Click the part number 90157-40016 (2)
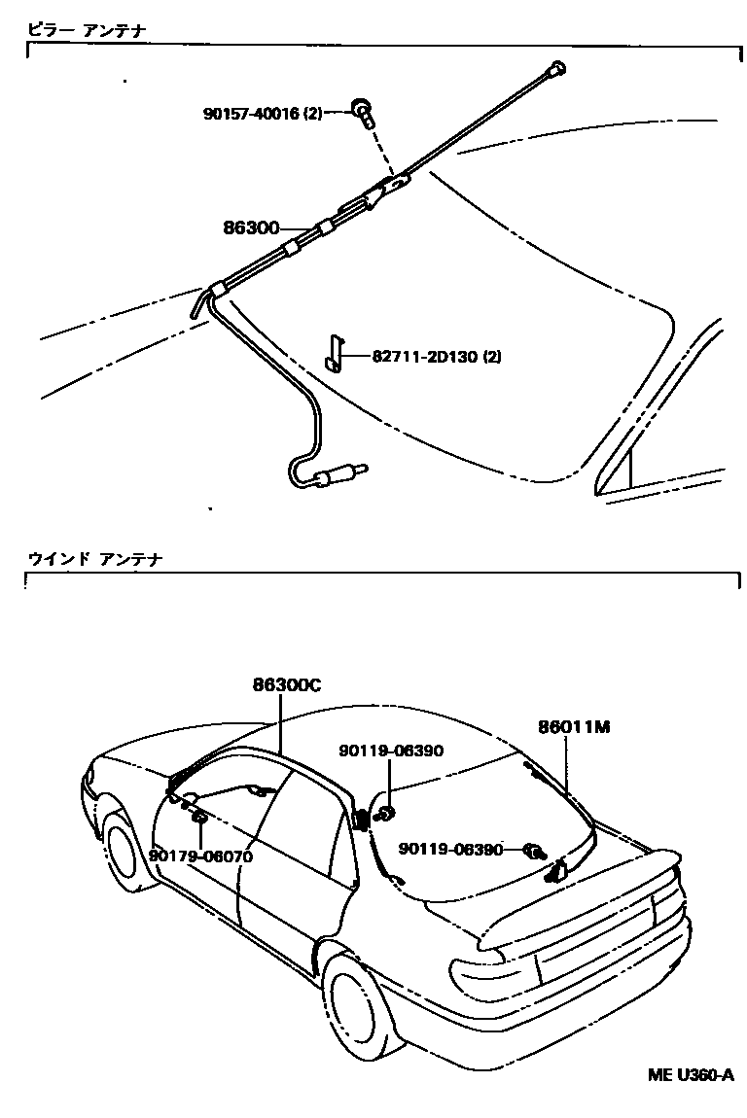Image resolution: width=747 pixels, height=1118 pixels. (x=262, y=113)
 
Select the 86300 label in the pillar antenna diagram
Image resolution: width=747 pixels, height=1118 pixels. (x=251, y=229)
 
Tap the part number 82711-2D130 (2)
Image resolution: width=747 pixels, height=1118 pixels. (x=437, y=357)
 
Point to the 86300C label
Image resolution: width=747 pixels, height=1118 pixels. (x=287, y=684)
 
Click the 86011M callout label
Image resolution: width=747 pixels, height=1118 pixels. (x=574, y=726)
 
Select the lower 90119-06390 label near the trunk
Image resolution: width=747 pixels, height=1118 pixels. (x=450, y=849)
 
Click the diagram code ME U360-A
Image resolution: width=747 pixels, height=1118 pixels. (x=691, y=1075)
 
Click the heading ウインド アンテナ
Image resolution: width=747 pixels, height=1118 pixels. (x=94, y=559)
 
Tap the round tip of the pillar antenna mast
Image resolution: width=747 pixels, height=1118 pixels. (x=557, y=68)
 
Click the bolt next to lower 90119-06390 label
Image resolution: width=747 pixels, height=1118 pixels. (x=535, y=853)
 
